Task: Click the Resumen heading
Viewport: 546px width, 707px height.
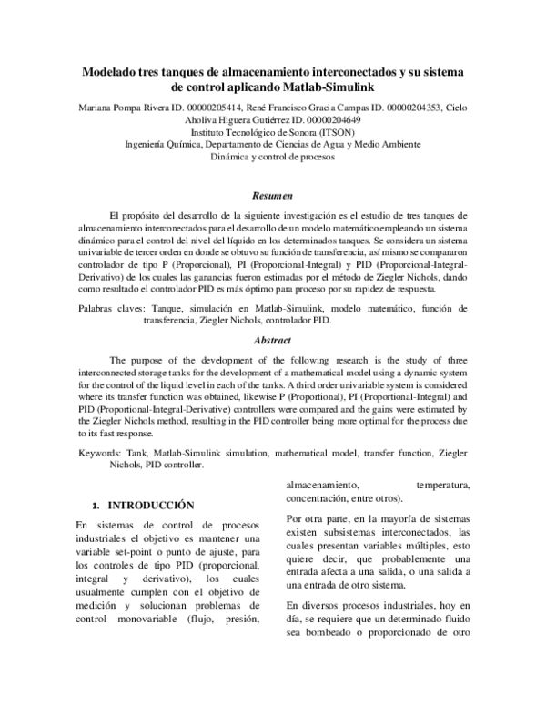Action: [x=273, y=194]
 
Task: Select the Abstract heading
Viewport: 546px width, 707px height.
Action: [x=273, y=340]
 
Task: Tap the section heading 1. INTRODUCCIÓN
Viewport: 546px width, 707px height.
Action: [x=146, y=504]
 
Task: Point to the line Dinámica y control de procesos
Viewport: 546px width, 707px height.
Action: [x=273, y=156]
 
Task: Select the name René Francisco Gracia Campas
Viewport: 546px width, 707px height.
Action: [x=312, y=107]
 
